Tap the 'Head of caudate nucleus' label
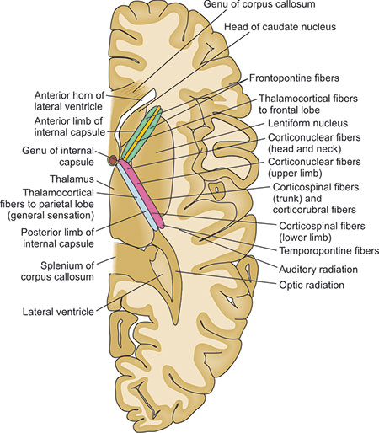[280, 27]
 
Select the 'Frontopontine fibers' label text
[294, 78]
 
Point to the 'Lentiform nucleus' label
[307, 123]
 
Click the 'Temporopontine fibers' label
[328, 250]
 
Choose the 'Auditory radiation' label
[318, 270]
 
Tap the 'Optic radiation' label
[312, 285]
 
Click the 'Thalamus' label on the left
[72, 179]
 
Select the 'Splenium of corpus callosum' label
[57, 271]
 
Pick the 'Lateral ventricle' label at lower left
[58, 312]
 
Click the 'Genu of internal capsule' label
[58, 157]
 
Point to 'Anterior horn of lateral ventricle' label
[69, 101]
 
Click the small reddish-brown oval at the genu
[113, 160]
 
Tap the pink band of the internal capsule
[141, 193]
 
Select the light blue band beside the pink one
[137, 197]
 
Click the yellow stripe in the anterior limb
[141, 132]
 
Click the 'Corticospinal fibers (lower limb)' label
[322, 232]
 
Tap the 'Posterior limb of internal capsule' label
[57, 238]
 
